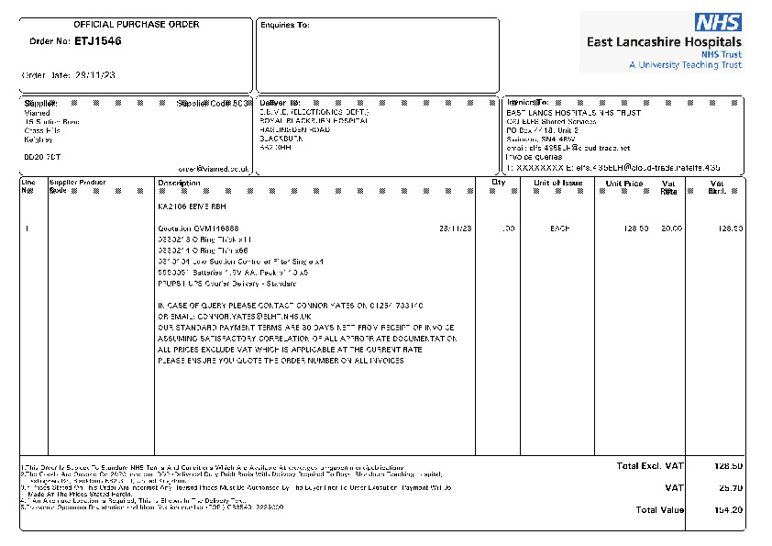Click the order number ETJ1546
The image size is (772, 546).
point(97,41)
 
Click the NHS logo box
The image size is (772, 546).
point(718,23)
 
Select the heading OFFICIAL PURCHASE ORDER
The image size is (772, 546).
point(136,24)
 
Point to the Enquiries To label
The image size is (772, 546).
point(285,25)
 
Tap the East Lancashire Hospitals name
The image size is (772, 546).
point(665,41)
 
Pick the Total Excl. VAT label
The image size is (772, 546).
point(650,466)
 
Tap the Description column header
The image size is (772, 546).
point(179,183)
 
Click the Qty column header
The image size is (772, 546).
point(499,183)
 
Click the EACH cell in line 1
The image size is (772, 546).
point(559,228)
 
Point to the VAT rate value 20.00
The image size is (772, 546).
point(671,228)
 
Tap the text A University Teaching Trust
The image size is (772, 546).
point(685,65)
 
